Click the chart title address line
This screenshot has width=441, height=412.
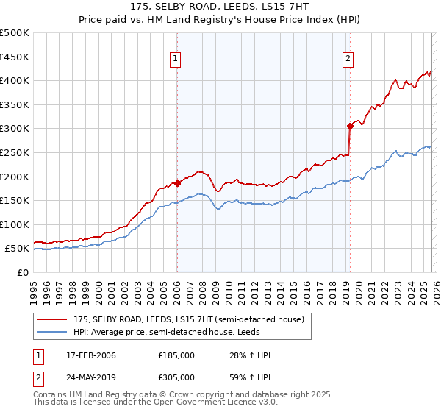click(220, 7)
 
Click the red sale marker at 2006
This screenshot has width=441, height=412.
click(177, 183)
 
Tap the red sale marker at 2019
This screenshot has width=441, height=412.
click(350, 126)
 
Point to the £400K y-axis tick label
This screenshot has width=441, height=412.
click(15, 81)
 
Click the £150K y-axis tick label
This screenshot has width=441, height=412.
click(15, 200)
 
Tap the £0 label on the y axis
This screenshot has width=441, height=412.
click(23, 272)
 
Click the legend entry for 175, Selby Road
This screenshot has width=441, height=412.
click(187, 319)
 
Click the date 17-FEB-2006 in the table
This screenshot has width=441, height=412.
click(90, 355)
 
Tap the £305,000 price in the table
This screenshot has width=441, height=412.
click(176, 377)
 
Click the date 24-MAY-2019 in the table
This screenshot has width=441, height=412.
click(90, 377)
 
